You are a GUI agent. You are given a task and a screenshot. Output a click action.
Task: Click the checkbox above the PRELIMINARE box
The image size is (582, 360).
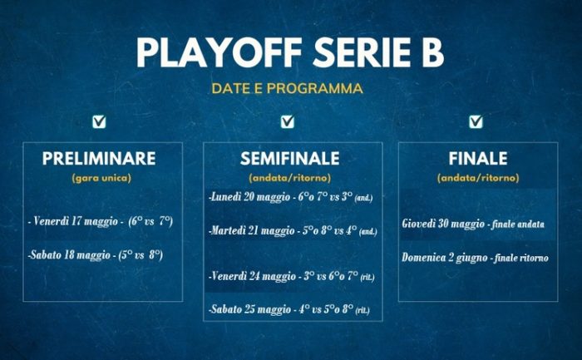point(99,121)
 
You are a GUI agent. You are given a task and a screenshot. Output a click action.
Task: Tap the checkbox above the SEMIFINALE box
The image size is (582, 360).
point(288,121)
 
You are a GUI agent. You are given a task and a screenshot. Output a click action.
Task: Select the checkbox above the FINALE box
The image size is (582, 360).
point(476,121)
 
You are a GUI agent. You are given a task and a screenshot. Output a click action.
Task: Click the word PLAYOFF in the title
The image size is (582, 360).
point(219,52)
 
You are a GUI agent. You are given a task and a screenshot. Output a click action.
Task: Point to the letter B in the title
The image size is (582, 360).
point(432,52)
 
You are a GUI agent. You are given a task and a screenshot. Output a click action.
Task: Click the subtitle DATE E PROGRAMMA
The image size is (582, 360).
point(288,89)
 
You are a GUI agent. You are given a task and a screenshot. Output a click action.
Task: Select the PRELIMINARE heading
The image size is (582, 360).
point(99,159)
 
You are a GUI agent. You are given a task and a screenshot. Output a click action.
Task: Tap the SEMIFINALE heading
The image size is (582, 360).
point(290,159)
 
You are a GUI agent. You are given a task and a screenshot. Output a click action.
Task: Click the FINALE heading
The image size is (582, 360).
point(478,159)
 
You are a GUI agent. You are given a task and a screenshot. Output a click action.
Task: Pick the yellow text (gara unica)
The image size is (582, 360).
point(101,178)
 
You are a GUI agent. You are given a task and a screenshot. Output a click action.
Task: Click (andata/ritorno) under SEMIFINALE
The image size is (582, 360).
point(290,178)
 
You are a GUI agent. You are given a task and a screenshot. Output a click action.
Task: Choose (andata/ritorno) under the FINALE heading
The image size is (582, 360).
point(478,178)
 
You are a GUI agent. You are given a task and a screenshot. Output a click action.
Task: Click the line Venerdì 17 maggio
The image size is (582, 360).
point(101,221)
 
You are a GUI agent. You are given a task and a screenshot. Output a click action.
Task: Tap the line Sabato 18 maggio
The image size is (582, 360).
point(96,255)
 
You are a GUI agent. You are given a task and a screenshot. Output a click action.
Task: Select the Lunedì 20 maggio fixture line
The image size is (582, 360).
point(291,197)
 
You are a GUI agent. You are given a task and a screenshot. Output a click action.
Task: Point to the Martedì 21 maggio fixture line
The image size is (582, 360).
point(293,231)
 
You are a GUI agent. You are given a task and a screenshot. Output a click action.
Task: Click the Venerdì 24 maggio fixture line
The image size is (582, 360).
point(291,277)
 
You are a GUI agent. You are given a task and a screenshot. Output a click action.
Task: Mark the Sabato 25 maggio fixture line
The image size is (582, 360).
point(289,309)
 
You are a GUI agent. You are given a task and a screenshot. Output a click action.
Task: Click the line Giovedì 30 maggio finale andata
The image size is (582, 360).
point(473,224)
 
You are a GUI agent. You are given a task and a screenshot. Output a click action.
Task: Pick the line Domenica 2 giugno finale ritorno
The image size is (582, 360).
point(475,258)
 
